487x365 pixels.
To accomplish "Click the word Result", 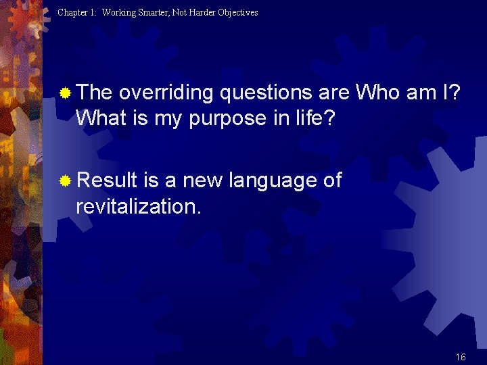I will [x=107, y=180].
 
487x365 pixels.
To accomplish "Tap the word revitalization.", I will [x=139, y=206].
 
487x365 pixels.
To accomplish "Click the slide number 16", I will [x=461, y=357].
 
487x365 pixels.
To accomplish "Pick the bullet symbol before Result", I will [x=65, y=181].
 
